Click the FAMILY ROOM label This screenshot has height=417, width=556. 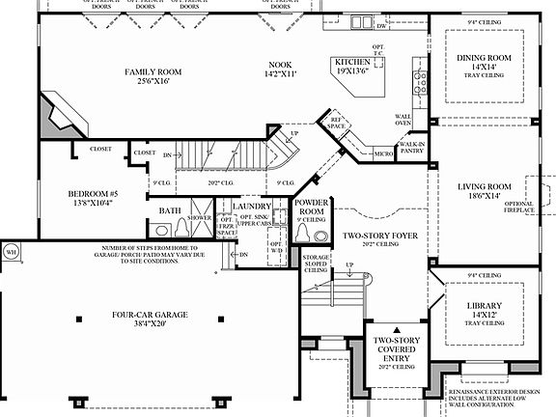(x=154, y=71)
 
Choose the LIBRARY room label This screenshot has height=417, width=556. (x=481, y=306)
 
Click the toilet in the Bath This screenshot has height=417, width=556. (x=182, y=230)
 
